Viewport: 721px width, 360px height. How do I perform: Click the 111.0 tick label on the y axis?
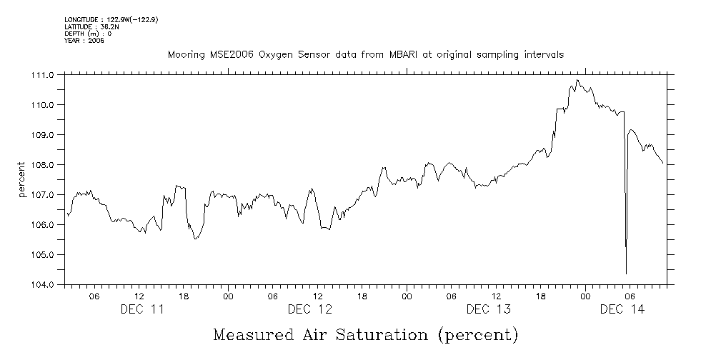point(44,74)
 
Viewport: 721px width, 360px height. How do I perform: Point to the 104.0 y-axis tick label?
point(44,284)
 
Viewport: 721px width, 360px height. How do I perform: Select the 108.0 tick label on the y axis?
point(44,164)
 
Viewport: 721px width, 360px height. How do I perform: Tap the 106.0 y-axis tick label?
point(44,224)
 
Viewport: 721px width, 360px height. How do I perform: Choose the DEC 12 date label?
point(309,309)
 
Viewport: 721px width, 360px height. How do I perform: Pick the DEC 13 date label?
point(488,309)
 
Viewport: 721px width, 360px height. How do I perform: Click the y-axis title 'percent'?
point(23,180)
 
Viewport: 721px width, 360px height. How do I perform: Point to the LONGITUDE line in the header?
point(111,20)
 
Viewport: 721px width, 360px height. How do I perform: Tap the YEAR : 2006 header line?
point(84,40)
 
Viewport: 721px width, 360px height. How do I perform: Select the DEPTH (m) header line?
point(89,34)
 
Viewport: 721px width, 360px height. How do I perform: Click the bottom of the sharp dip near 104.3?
point(626,274)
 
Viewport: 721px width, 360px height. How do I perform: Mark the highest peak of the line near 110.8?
point(577,80)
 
